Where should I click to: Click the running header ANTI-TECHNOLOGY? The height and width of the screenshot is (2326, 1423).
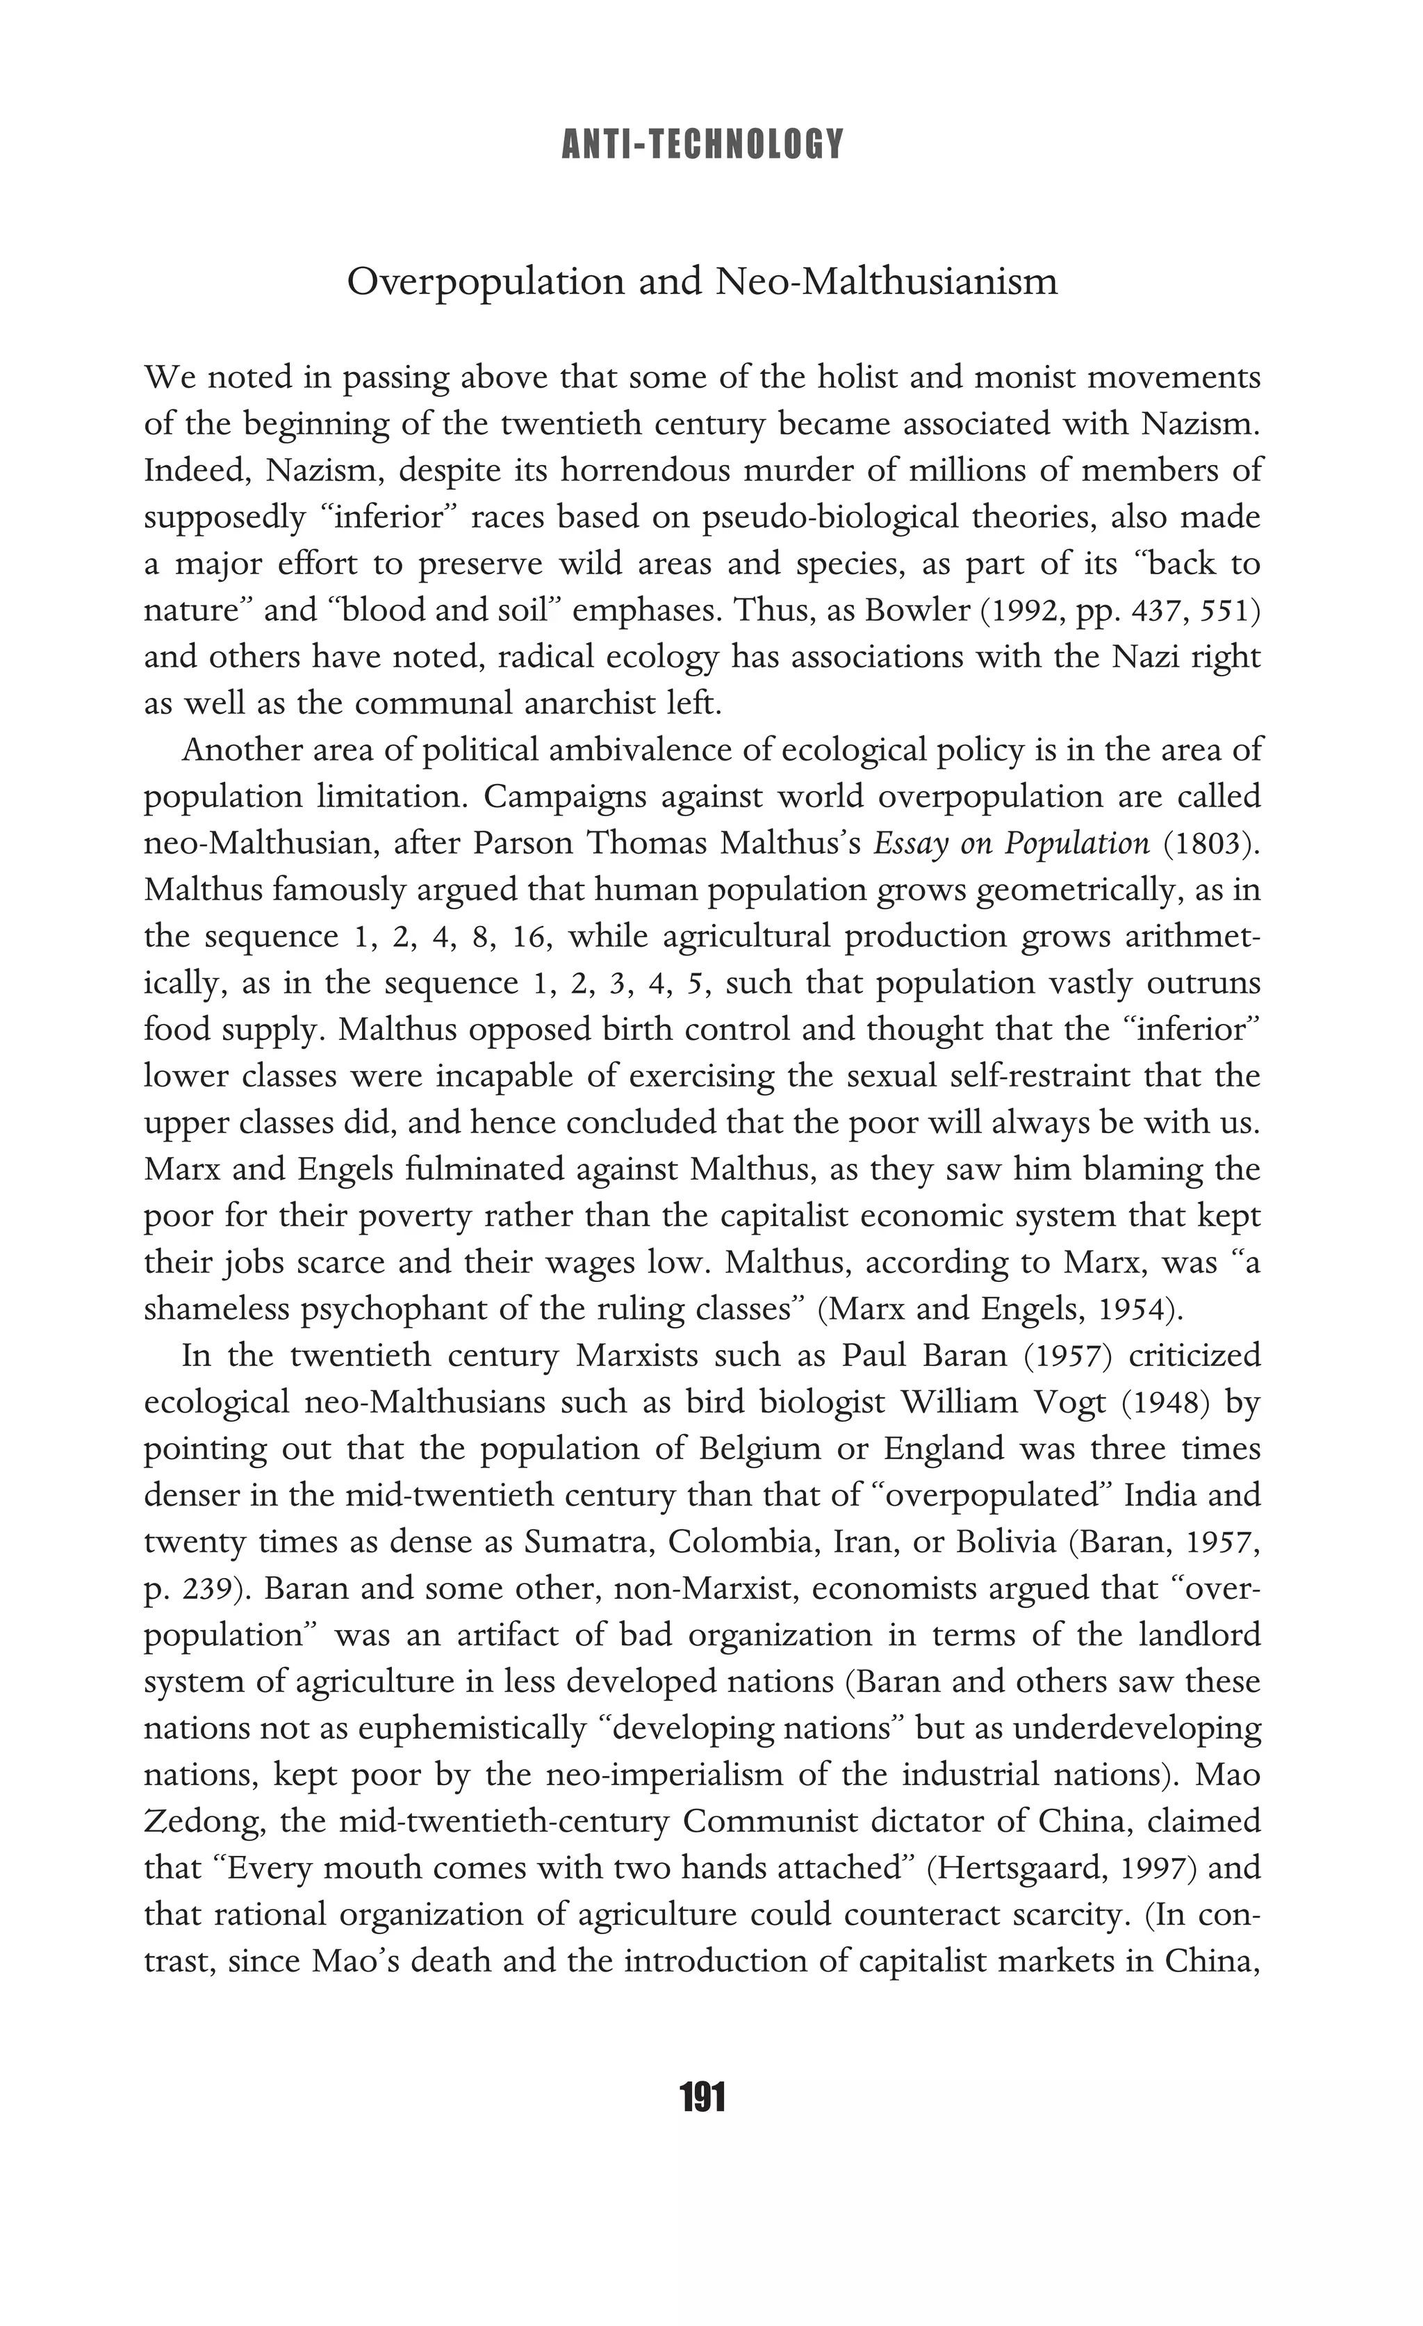(x=702, y=143)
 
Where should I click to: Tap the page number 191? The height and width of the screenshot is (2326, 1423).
(x=702, y=2097)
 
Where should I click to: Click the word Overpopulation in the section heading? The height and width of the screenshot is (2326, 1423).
(x=485, y=282)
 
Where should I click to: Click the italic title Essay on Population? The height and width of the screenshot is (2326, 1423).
(x=1012, y=843)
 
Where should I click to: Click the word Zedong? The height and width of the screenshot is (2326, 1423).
(x=199, y=1822)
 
